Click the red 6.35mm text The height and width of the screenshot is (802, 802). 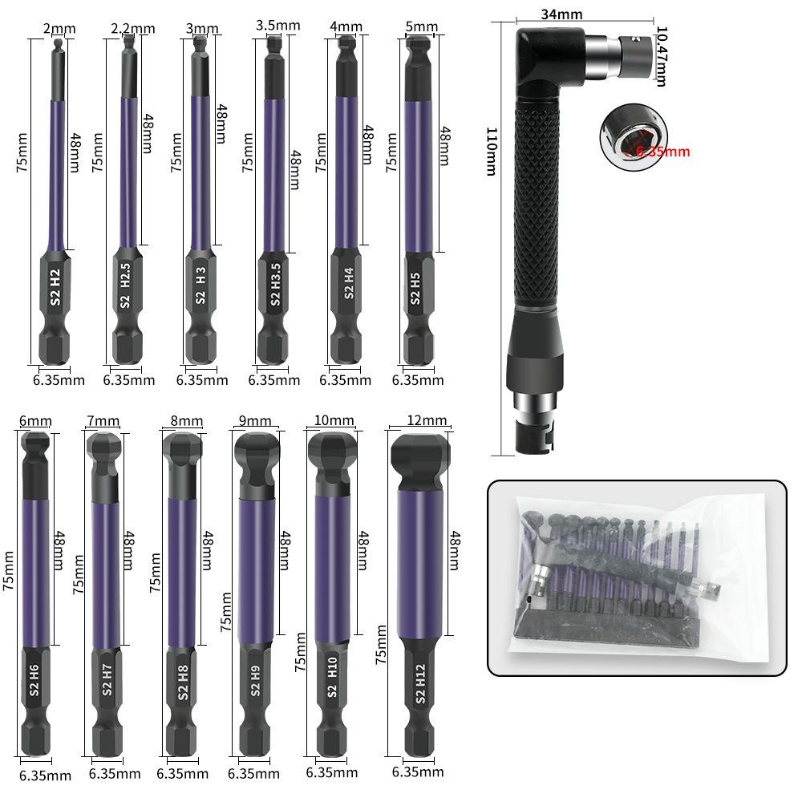click(662, 151)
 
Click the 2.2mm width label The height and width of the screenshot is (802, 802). click(133, 29)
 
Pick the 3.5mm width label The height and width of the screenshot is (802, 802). click(277, 25)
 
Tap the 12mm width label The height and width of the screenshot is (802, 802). click(427, 420)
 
